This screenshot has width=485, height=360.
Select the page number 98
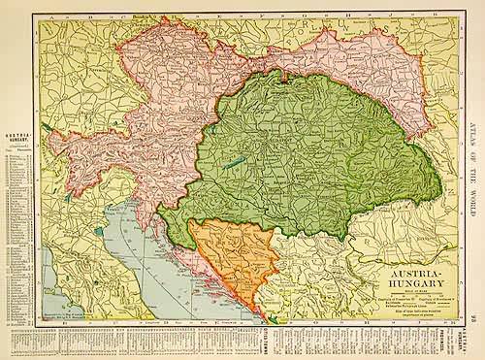[473, 318]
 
